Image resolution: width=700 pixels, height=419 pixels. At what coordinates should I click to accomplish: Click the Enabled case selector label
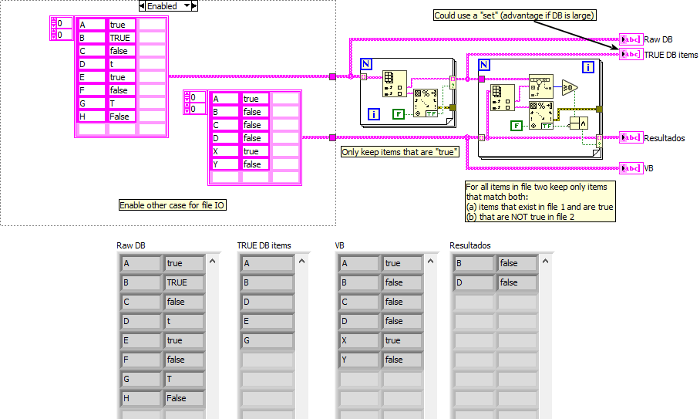tap(167, 6)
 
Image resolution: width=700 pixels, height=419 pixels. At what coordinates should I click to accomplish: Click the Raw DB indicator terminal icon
tap(630, 39)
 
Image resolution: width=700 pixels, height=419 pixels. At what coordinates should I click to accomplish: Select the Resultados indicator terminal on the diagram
tap(630, 138)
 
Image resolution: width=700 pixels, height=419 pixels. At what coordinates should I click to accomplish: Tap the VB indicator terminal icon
tap(630, 168)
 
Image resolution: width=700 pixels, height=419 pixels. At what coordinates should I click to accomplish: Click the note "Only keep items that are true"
tap(400, 152)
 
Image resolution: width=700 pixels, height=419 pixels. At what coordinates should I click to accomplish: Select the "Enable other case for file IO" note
tap(173, 205)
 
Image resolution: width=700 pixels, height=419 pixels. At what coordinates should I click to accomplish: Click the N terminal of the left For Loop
tap(367, 65)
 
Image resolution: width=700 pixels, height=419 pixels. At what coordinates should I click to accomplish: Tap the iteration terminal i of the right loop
tap(589, 67)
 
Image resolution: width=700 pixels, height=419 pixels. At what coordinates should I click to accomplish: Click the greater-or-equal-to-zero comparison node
tap(569, 87)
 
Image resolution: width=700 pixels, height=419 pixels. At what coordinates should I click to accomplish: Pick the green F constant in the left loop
tap(399, 114)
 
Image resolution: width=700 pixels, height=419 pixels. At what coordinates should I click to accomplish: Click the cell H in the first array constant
tap(92, 117)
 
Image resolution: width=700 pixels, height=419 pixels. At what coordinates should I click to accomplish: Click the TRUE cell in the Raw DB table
tap(183, 282)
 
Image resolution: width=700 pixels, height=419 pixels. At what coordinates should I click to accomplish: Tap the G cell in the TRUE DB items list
tap(267, 340)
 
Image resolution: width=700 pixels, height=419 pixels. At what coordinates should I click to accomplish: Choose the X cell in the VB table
tap(358, 340)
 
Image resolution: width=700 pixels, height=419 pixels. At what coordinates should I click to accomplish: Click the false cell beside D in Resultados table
tap(517, 282)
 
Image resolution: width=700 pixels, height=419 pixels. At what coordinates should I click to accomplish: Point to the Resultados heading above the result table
tap(470, 245)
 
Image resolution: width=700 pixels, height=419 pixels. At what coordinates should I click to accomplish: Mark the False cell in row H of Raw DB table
tap(183, 398)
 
